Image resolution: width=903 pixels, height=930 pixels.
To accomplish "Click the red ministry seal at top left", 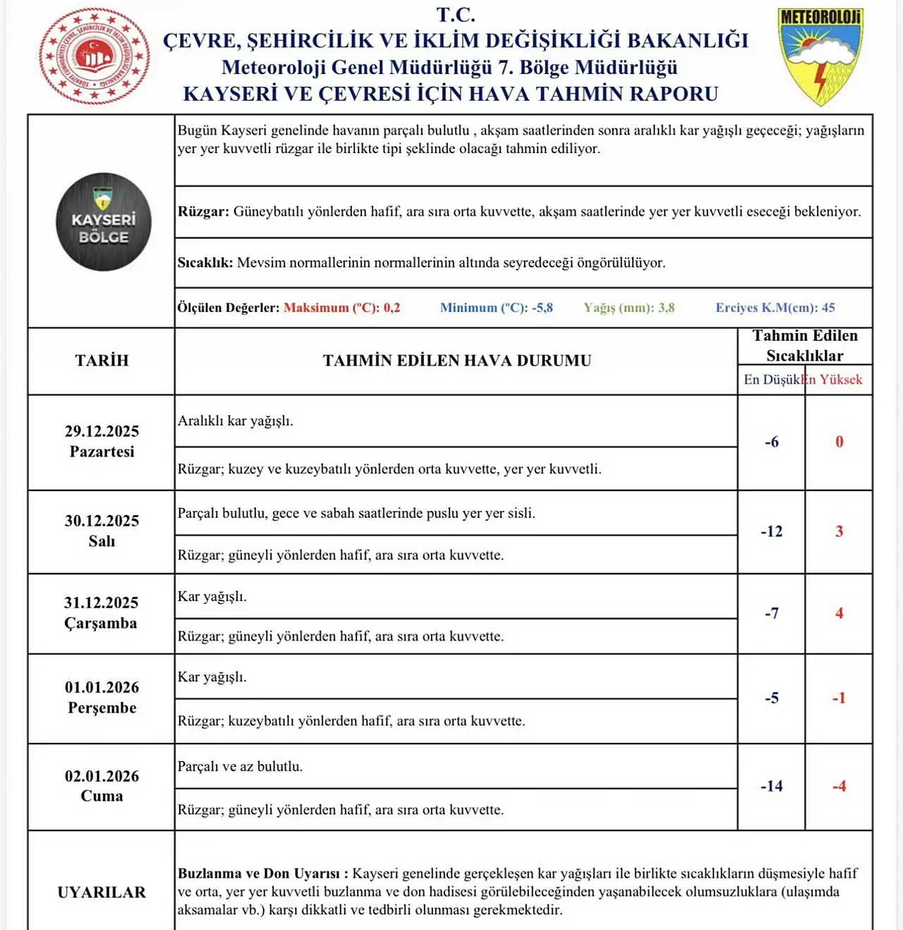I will click(x=94, y=56).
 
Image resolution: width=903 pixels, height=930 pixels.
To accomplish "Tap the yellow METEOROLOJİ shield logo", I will click(x=820, y=56).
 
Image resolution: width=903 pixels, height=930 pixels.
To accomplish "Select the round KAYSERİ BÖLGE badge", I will click(x=104, y=222).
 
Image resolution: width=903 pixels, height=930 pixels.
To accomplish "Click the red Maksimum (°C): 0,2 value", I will click(x=341, y=308).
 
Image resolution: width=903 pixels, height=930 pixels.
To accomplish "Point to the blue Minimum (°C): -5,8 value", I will click(x=496, y=308).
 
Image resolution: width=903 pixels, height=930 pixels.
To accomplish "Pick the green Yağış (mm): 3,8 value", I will click(x=629, y=308).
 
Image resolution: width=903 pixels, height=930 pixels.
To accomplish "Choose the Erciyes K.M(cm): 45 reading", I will click(x=775, y=308).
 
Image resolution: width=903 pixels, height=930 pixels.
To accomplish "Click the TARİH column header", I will click(x=102, y=361).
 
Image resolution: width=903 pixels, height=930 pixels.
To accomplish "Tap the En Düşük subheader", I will click(x=771, y=380).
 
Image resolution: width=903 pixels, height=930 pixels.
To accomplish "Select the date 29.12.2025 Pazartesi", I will click(x=102, y=441).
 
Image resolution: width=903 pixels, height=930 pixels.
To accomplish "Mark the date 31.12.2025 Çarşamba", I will click(x=101, y=612).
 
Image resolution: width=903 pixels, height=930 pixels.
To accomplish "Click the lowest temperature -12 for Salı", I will click(x=771, y=531).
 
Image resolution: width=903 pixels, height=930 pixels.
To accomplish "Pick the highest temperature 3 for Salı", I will click(x=839, y=531).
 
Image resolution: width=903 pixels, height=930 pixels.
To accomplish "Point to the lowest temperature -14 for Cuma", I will click(x=771, y=786).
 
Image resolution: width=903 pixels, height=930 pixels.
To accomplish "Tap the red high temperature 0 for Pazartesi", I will click(x=839, y=442).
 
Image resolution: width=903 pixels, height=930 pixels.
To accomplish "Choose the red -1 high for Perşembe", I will click(x=838, y=698).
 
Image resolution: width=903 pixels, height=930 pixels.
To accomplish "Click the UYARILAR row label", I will click(x=102, y=893).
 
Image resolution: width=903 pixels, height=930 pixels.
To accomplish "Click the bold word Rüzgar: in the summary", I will click(x=203, y=212).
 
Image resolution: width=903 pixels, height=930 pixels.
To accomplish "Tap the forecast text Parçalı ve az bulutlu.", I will click(x=240, y=766).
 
